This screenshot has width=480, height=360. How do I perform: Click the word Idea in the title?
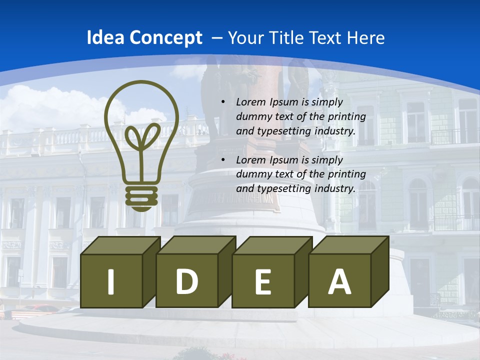click(x=105, y=38)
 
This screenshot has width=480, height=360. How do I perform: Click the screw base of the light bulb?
click(x=141, y=199)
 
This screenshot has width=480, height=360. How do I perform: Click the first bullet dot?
click(x=223, y=102)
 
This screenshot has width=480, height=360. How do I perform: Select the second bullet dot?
click(x=223, y=160)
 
